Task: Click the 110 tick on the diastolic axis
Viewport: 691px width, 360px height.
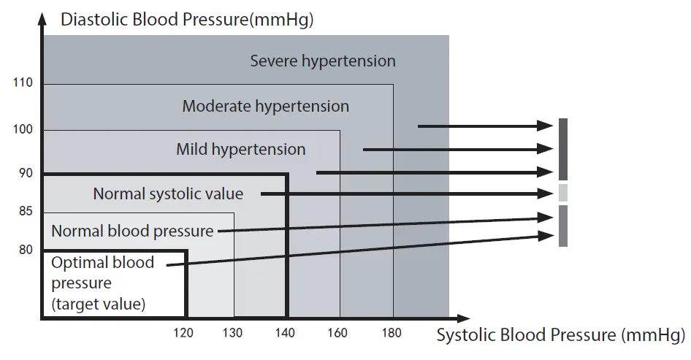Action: pyautogui.click(x=23, y=83)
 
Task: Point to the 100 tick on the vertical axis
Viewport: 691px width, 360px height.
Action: pyautogui.click(x=23, y=130)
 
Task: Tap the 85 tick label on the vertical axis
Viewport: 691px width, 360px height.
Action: pyautogui.click(x=25, y=212)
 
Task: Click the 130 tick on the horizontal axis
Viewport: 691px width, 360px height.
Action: pyautogui.click(x=232, y=334)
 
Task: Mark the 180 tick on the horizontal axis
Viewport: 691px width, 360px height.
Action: pyautogui.click(x=392, y=334)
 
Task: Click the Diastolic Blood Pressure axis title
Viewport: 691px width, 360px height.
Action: pyautogui.click(x=187, y=20)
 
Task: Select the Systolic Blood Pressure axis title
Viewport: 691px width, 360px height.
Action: pyautogui.click(x=560, y=335)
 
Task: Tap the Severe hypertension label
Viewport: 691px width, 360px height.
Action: pyautogui.click(x=323, y=61)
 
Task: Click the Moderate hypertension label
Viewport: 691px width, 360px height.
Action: pyautogui.click(x=265, y=106)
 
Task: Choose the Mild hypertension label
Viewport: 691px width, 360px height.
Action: pyautogui.click(x=240, y=150)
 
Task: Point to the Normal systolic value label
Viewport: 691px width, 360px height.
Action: pyautogui.click(x=168, y=194)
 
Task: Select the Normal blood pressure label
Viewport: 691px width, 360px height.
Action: pyautogui.click(x=132, y=231)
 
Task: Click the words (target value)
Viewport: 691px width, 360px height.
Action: pyautogui.click(x=98, y=303)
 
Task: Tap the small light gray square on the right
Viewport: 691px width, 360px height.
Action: pyautogui.click(x=562, y=193)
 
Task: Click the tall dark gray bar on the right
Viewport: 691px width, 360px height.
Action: pyautogui.click(x=562, y=149)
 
